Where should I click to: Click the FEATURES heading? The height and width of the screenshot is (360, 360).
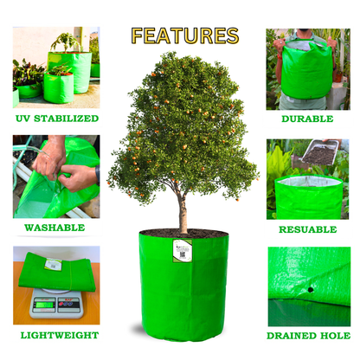click(184, 35)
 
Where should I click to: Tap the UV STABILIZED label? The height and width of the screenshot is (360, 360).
click(56, 119)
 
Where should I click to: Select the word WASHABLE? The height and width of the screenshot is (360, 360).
click(55, 228)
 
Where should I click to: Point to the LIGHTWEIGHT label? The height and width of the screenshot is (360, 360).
click(56, 335)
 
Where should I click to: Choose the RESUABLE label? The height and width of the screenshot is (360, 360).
click(308, 229)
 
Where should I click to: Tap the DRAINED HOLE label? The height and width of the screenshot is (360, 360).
click(308, 335)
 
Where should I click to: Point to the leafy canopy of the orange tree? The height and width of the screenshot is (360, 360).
click(182, 121)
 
